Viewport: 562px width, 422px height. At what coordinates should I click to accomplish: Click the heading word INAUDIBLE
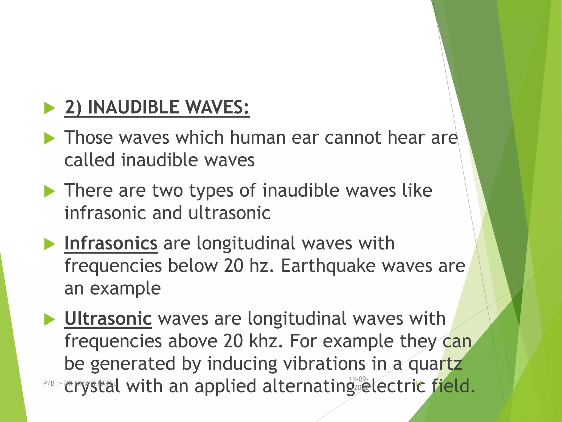point(133,107)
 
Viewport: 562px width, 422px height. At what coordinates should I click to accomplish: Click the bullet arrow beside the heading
point(50,108)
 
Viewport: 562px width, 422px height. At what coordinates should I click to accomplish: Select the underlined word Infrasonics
point(111,243)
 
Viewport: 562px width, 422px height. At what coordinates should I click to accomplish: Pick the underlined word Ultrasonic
point(108,319)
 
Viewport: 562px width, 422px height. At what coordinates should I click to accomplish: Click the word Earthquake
point(328,266)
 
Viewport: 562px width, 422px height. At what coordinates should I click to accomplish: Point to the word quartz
point(435,364)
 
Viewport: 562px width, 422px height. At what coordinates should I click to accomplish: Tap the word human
point(257,137)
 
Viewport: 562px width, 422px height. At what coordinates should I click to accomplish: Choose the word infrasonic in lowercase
point(105,213)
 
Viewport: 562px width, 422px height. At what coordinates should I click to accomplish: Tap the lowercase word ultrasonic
point(229,213)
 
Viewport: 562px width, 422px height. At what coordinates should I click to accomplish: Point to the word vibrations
point(324,364)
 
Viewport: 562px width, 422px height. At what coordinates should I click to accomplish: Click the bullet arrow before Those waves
point(50,138)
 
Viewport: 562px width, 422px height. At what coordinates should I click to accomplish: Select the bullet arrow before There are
point(50,191)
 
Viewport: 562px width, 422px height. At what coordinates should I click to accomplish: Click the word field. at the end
point(453,386)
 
